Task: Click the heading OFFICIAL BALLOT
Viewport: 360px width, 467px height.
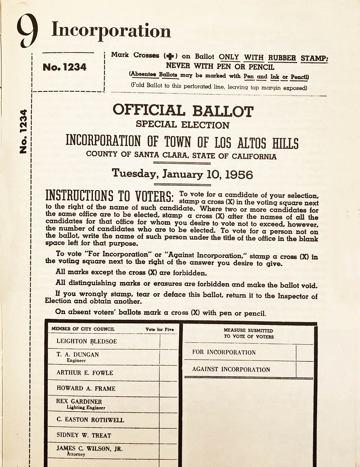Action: [183, 111]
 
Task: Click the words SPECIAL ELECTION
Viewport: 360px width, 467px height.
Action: [182, 124]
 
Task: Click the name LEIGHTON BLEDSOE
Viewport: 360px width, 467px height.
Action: [86, 341]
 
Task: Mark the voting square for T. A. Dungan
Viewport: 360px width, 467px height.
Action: [168, 357]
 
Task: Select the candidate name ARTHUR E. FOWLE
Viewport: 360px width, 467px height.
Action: [85, 373]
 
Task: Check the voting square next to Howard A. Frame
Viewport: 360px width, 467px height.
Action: [168, 389]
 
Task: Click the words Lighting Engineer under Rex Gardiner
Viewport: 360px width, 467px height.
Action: [86, 408]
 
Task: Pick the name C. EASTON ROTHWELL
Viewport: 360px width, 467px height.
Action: [90, 420]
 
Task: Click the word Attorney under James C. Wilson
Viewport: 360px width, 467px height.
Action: [76, 454]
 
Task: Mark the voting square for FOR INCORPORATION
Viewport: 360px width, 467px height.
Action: [304, 353]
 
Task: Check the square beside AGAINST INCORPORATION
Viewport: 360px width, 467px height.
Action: [304, 369]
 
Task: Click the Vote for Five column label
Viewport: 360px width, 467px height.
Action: [160, 330]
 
